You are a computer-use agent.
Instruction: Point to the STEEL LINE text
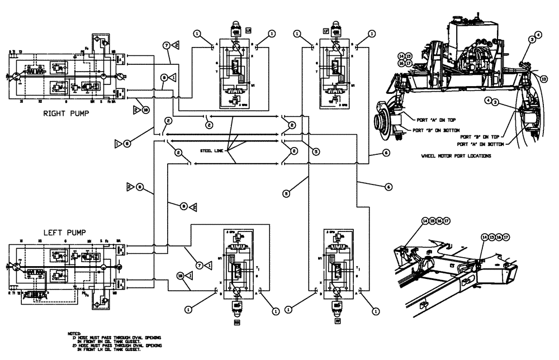[212, 150]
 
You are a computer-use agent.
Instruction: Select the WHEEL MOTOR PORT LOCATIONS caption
[456, 157]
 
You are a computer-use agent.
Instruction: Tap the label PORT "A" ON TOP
[432, 118]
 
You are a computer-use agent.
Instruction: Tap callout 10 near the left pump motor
[179, 275]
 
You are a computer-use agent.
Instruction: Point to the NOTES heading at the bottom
[74, 332]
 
